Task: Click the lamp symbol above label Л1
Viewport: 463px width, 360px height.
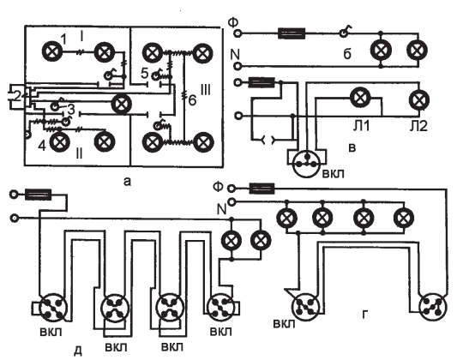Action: [x=360, y=97]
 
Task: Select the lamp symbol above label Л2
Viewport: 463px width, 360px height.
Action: [x=419, y=99]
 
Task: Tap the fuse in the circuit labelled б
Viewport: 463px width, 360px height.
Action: [x=292, y=33]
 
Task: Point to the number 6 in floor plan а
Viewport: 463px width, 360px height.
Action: [x=192, y=100]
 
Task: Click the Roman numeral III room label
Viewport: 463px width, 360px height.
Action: [x=206, y=89]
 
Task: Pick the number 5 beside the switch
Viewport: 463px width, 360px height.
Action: [x=144, y=74]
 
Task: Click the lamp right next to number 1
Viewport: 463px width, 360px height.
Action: [x=52, y=51]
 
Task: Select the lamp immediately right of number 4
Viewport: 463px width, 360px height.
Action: [x=60, y=142]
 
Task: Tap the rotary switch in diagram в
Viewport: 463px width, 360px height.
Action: [x=307, y=164]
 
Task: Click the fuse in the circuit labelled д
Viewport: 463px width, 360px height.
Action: [x=39, y=195]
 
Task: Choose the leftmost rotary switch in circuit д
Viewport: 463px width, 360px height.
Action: [x=53, y=308]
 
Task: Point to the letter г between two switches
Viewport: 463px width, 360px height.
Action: [x=365, y=315]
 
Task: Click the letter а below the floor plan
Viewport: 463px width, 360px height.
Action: [x=127, y=182]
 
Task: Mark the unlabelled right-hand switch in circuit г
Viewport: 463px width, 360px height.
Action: [x=433, y=307]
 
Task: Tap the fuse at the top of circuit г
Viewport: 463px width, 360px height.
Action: [x=262, y=188]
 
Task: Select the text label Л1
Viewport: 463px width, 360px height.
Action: [x=361, y=126]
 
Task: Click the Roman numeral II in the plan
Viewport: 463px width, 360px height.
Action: [x=79, y=153]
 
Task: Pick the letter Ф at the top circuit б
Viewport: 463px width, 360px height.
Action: [x=233, y=23]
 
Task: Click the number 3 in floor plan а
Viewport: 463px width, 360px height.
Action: [x=72, y=110]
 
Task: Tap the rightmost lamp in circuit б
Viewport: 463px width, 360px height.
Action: [x=417, y=50]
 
